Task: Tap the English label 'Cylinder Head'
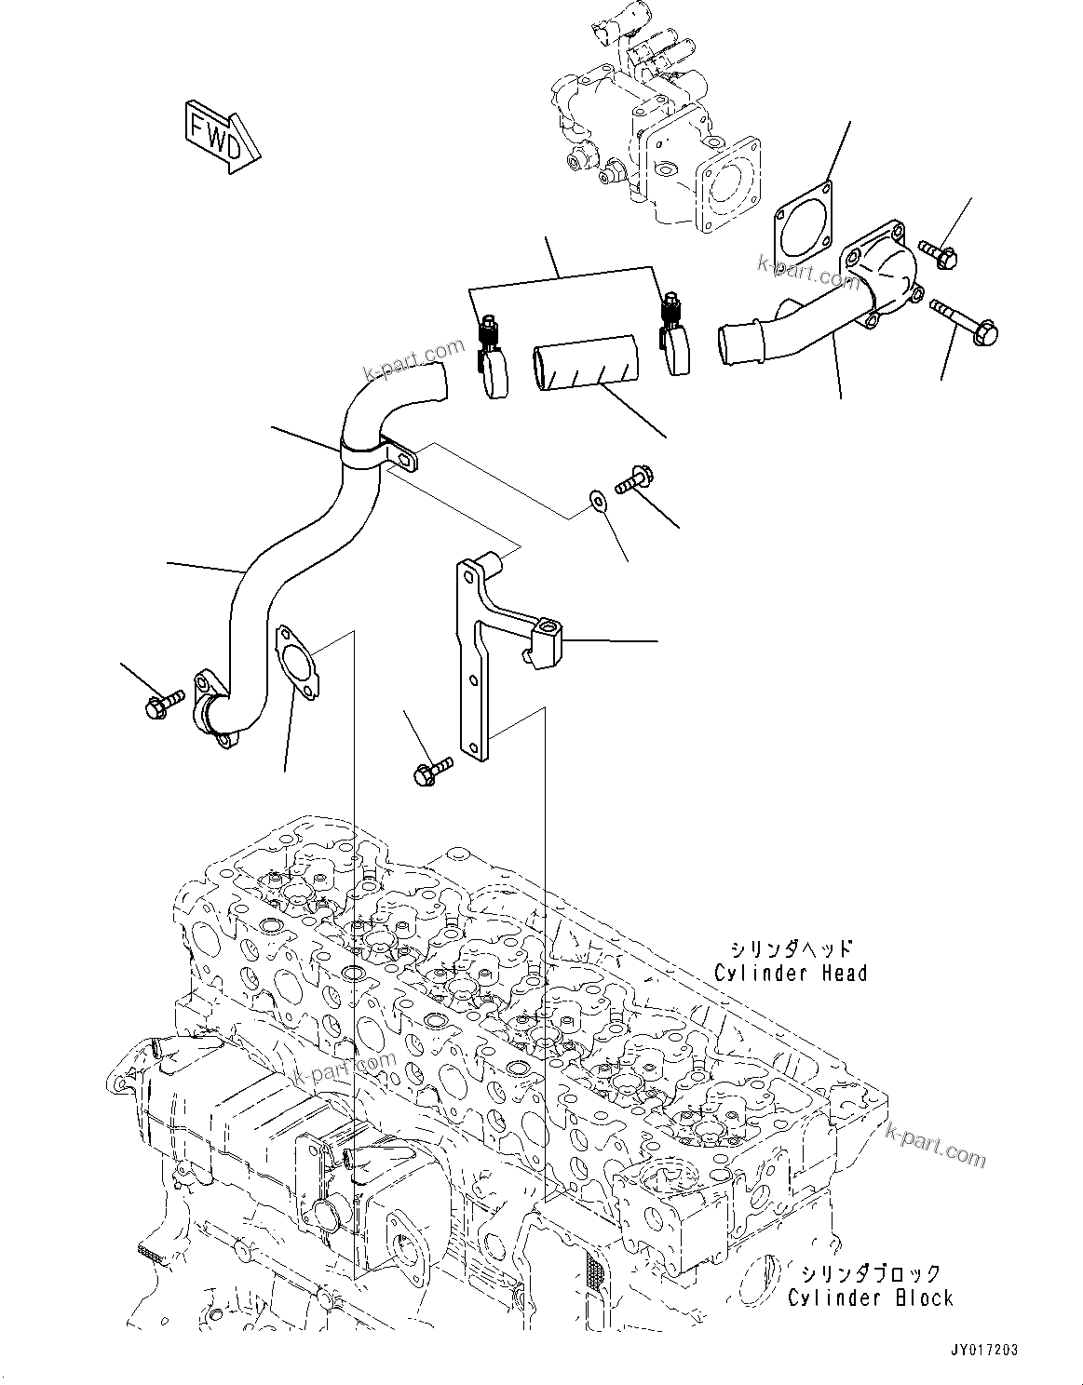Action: tap(791, 973)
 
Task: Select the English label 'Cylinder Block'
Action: tap(870, 1297)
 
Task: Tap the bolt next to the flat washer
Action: tap(635, 479)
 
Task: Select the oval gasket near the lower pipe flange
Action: tap(295, 660)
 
